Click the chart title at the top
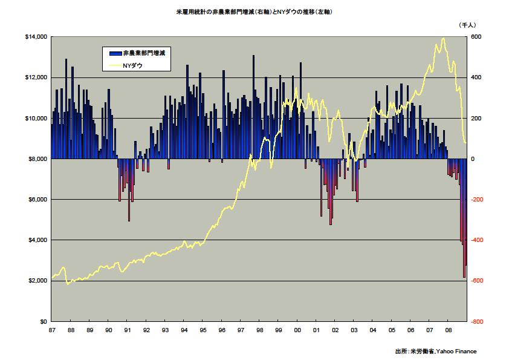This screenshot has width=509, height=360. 254,12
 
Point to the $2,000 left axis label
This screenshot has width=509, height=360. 37,281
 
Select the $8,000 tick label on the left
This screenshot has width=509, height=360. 37,159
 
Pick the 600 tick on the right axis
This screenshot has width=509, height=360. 476,37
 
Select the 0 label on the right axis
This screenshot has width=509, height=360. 474,159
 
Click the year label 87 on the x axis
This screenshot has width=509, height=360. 52,330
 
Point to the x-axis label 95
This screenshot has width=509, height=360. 203,330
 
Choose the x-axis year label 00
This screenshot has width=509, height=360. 297,330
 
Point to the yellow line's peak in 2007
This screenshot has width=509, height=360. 444,38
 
